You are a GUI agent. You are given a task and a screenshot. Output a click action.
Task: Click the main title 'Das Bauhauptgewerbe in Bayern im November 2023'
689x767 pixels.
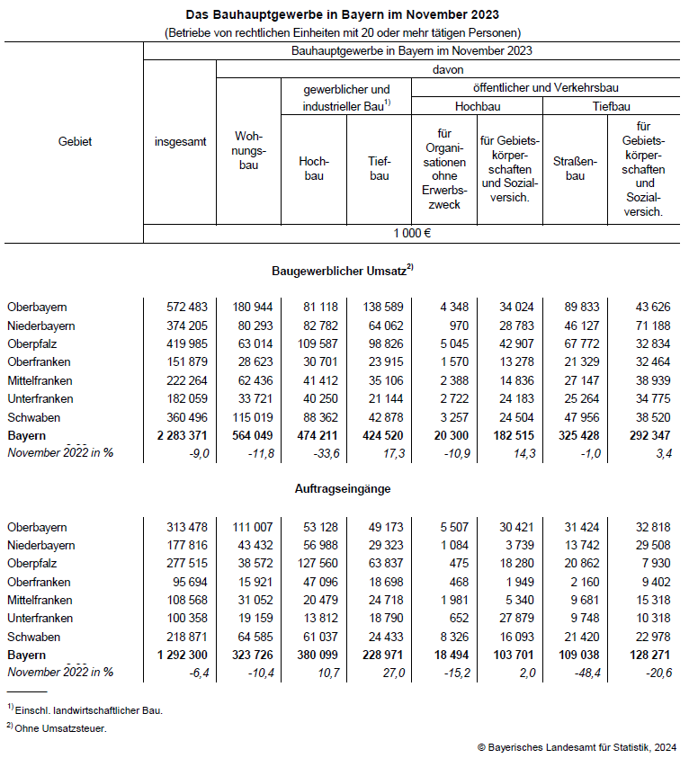(x=343, y=15)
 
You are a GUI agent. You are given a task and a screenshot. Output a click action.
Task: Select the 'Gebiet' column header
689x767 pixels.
(x=75, y=141)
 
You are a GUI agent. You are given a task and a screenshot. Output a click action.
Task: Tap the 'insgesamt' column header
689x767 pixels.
(x=180, y=141)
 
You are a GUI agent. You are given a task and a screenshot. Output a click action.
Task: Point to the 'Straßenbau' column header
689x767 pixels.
(x=576, y=169)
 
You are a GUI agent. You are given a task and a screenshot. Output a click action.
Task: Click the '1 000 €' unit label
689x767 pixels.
(x=412, y=233)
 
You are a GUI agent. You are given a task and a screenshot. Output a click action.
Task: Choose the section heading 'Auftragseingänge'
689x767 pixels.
(x=343, y=489)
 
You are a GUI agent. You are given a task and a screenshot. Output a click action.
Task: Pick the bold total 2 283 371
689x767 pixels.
(x=183, y=435)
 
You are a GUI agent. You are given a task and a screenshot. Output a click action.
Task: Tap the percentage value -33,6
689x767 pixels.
(x=321, y=453)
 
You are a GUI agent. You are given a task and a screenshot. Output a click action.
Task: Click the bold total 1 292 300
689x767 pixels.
(x=183, y=655)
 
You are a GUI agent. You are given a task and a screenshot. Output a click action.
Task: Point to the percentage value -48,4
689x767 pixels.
(x=584, y=673)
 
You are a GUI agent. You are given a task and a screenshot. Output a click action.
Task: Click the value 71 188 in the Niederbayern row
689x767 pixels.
(x=649, y=326)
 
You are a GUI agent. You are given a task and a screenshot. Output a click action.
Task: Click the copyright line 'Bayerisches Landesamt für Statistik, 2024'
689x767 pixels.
(x=579, y=747)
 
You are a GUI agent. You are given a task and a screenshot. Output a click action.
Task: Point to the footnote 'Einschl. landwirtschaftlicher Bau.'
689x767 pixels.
(x=89, y=710)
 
